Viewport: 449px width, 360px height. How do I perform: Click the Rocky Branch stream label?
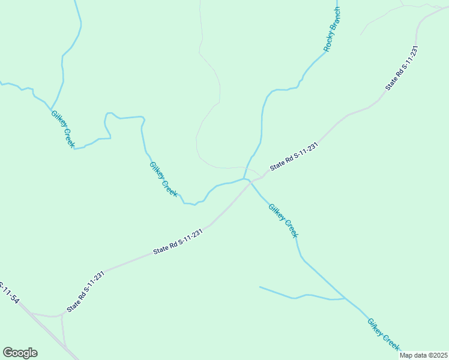(x=331, y=29)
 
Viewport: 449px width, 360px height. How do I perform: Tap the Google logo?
(x=20, y=353)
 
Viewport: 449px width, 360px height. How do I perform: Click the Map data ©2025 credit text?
(x=423, y=355)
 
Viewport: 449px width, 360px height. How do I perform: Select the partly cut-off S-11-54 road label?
(x=8, y=292)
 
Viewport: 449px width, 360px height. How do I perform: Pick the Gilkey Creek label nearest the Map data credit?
(x=384, y=334)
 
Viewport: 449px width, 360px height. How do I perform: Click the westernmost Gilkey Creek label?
(x=62, y=129)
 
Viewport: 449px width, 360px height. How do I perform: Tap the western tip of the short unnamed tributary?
(x=260, y=287)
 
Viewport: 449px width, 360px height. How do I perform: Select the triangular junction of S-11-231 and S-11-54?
(x=62, y=314)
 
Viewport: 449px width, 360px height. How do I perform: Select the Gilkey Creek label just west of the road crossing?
(x=163, y=179)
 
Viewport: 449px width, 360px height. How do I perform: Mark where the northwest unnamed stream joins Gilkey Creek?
(x=50, y=104)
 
